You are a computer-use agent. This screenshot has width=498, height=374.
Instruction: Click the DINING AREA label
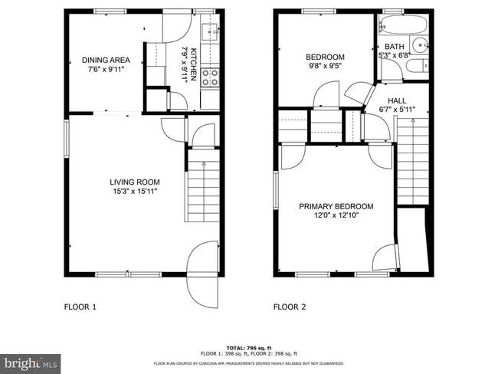click(x=106, y=60)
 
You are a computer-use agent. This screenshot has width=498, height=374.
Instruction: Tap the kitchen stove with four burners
click(x=210, y=77)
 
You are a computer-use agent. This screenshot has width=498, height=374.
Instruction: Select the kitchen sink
click(x=209, y=32)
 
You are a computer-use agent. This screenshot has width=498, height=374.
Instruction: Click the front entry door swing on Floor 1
click(x=203, y=272)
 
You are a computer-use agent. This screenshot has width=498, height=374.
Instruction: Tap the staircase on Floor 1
click(x=202, y=192)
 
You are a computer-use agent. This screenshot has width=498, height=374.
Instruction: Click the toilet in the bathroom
click(x=418, y=67)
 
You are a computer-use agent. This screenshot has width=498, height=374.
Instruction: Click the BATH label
click(x=395, y=46)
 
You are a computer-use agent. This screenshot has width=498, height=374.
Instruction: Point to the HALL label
click(x=397, y=100)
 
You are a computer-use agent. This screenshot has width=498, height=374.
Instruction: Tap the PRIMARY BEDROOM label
click(x=336, y=206)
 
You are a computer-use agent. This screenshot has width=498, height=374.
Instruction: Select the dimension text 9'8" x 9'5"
click(x=325, y=67)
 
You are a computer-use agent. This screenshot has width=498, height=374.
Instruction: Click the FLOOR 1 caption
click(x=80, y=307)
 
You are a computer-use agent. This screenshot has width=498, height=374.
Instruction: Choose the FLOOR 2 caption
click(x=290, y=307)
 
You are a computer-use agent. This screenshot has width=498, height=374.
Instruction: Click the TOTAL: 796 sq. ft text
click(x=249, y=346)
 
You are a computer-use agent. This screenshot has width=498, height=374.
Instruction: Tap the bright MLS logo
click(x=31, y=362)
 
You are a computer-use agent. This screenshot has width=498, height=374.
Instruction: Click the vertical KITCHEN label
click(x=194, y=64)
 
